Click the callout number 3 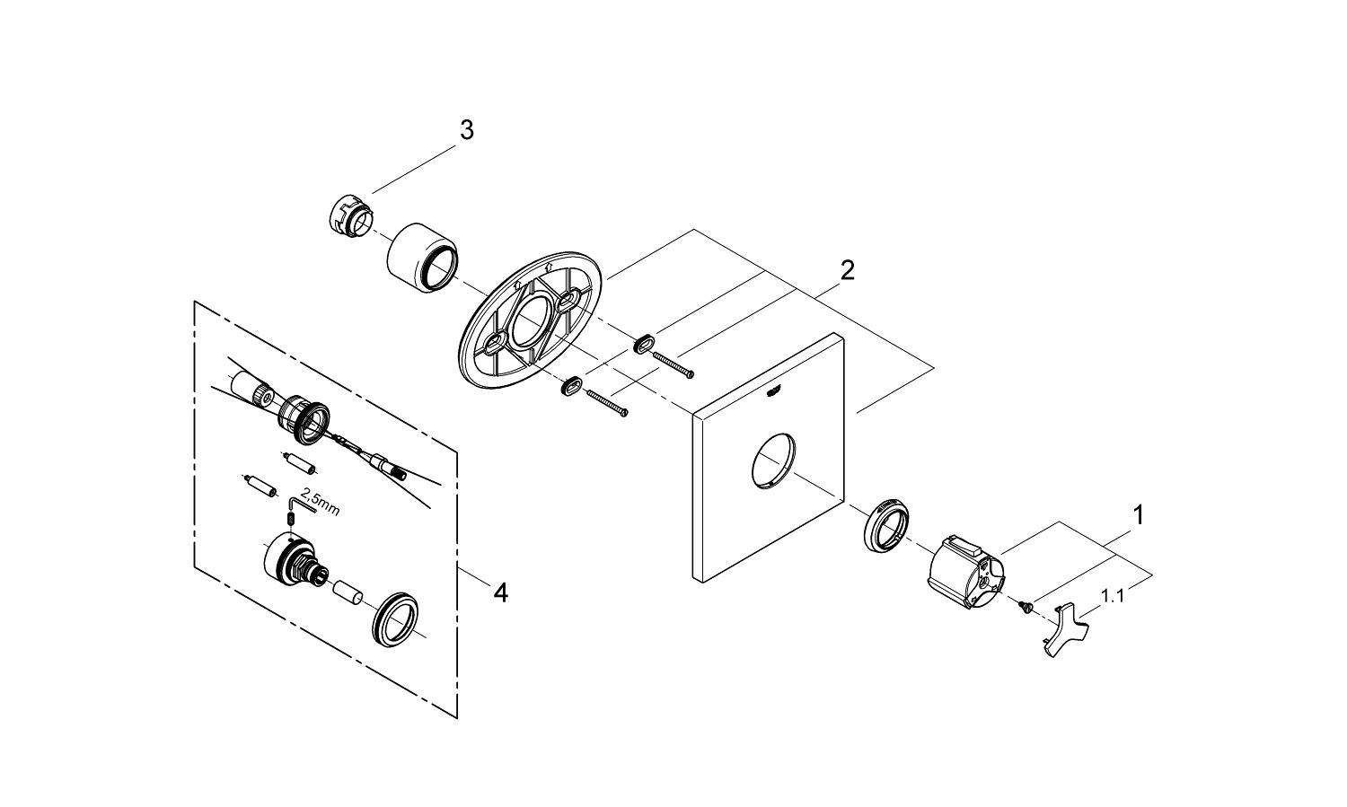pyautogui.click(x=466, y=130)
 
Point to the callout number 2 pyautogui.click(x=847, y=270)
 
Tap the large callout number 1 pyautogui.click(x=1139, y=516)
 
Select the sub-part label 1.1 pyautogui.click(x=1113, y=594)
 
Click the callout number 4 pyautogui.click(x=500, y=592)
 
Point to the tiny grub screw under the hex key pyautogui.click(x=291, y=520)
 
